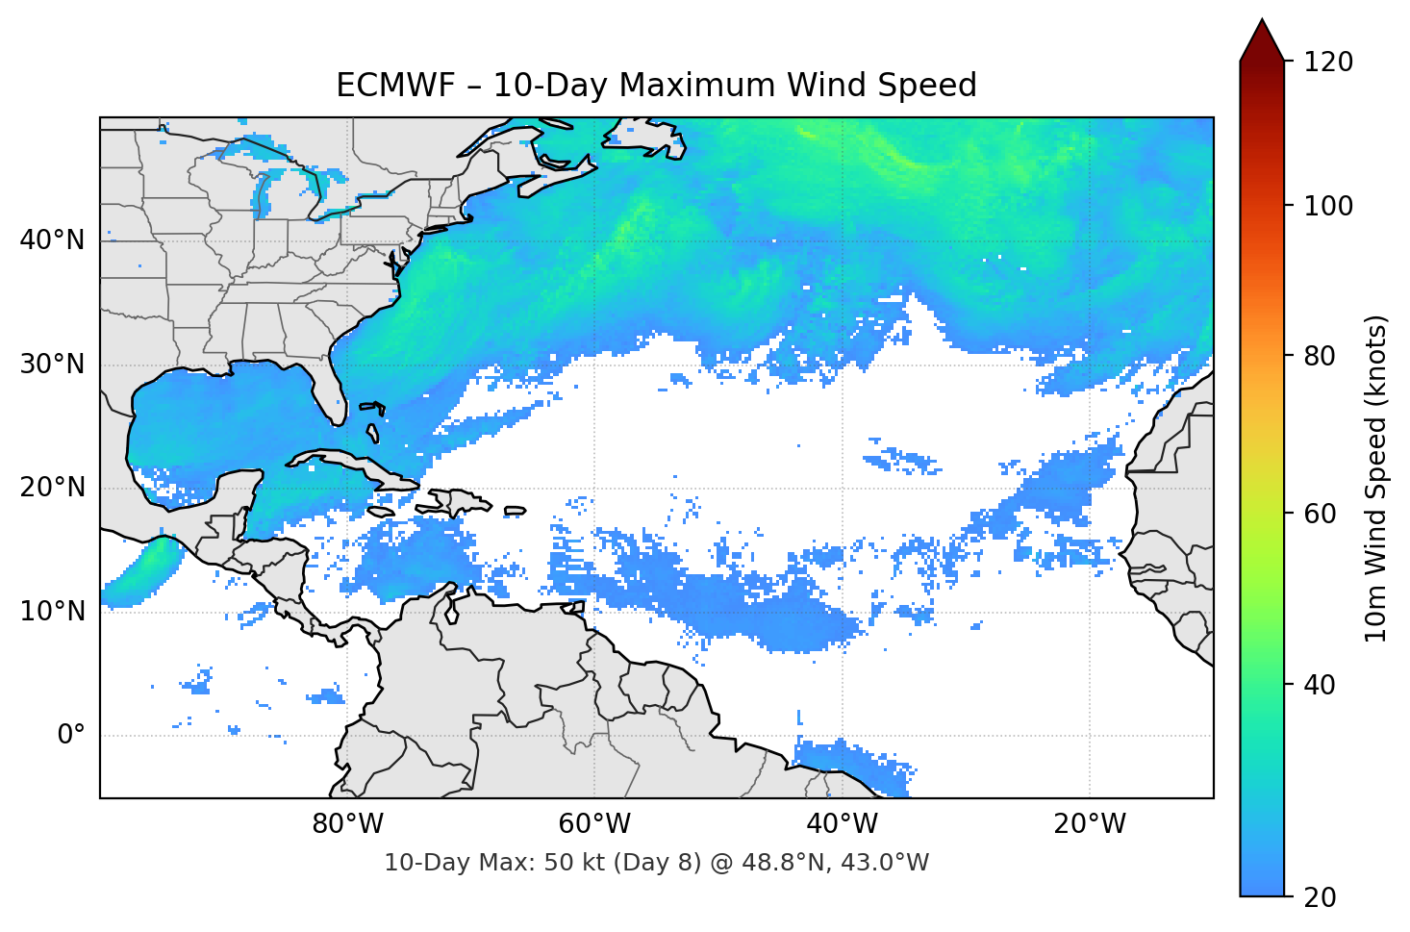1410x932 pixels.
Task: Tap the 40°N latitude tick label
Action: coord(52,240)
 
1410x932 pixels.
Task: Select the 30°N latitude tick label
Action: coord(52,365)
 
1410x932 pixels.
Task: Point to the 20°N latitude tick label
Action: coord(52,488)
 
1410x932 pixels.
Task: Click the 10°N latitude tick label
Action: coord(52,612)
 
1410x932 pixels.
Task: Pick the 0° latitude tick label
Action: coord(71,735)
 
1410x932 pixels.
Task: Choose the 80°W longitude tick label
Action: coord(347,824)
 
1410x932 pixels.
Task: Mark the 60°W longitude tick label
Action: coord(594,824)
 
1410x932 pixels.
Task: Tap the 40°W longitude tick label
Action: coord(842,824)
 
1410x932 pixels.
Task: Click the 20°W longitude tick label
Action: coord(1089,824)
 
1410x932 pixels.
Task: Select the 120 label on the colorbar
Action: coord(1328,62)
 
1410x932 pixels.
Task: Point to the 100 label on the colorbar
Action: coord(1328,206)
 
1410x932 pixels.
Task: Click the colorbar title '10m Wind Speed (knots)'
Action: coord(1376,478)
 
